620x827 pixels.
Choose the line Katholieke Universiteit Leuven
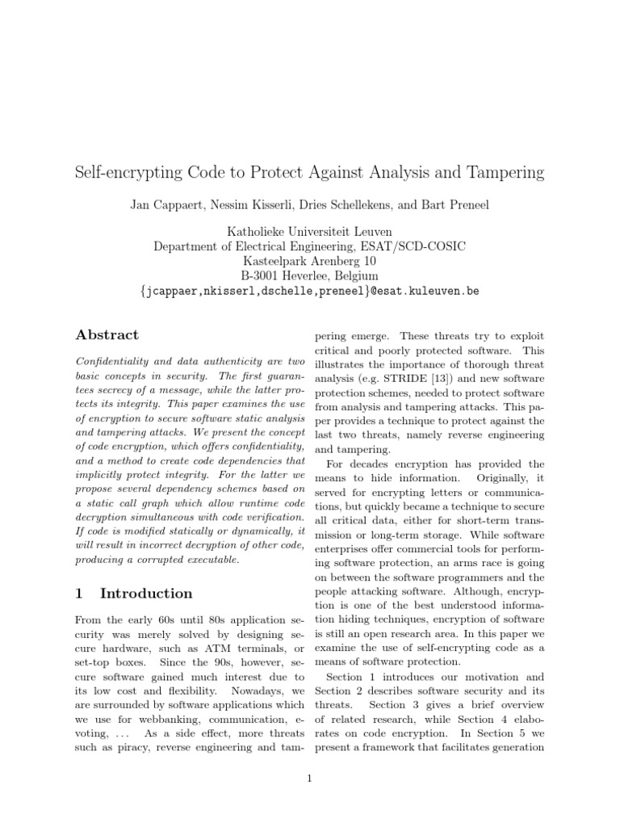[x=310, y=232]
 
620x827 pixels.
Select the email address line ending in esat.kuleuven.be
[x=310, y=291]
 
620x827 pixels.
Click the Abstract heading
[x=107, y=335]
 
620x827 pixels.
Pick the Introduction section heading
[x=145, y=594]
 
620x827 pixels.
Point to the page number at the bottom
[x=310, y=779]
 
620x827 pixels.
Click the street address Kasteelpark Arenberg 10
[x=310, y=261]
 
